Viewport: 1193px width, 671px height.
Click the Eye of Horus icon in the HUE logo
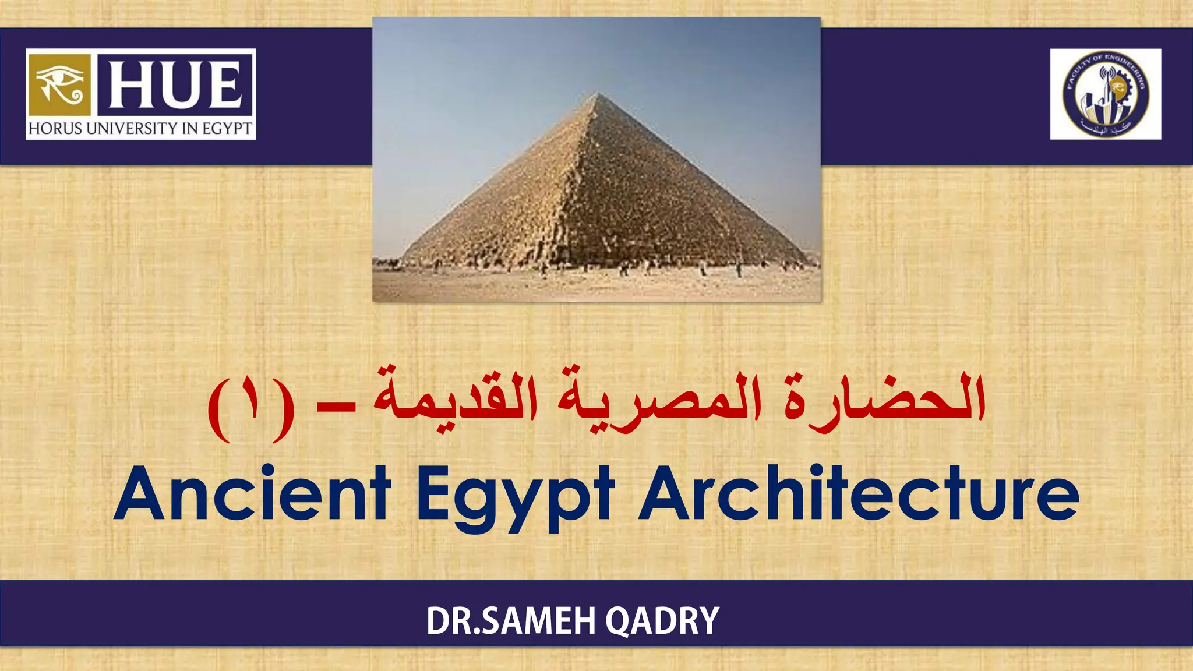pos(59,85)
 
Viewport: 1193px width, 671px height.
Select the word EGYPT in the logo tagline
pos(227,129)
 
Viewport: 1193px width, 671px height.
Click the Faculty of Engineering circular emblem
pos(1106,94)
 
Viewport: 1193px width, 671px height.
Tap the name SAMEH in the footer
pos(539,621)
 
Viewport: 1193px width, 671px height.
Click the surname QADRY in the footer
pos(662,621)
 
